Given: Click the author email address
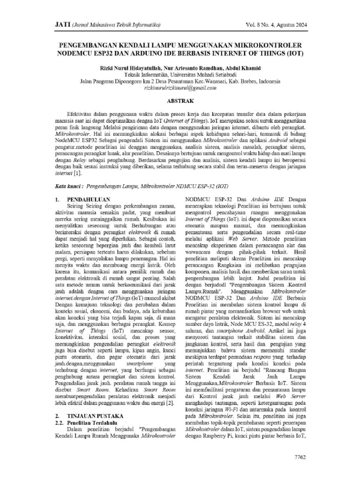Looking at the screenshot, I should pyautogui.click(x=180, y=87).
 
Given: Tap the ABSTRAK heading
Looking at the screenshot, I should pyautogui.click(x=180, y=101).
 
